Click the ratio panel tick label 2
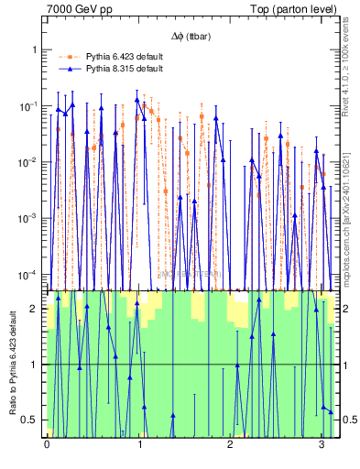(x=36, y=309)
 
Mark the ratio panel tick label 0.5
(x=32, y=420)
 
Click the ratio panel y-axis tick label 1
(x=36, y=365)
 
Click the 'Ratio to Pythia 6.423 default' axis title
(x=11, y=363)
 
